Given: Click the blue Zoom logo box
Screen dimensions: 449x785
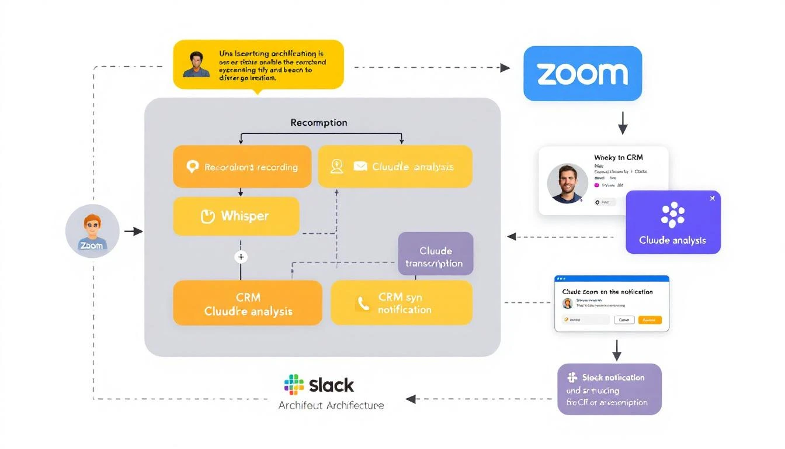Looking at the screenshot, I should click(x=582, y=74).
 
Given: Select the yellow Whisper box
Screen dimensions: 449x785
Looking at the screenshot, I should click(x=236, y=216).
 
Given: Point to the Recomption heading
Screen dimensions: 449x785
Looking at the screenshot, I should click(x=319, y=123).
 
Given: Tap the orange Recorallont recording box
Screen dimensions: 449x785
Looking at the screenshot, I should click(x=242, y=167).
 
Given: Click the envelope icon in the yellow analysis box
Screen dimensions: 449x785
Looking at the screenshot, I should click(x=360, y=167).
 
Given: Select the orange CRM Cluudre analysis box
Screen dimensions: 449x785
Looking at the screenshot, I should click(x=248, y=303).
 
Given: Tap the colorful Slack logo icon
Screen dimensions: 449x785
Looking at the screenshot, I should click(x=294, y=385).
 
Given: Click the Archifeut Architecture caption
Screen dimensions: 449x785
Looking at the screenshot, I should click(x=331, y=405).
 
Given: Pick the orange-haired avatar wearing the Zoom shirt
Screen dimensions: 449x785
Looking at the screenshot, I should click(x=92, y=232).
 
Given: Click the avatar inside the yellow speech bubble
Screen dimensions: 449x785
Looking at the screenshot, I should click(x=196, y=64).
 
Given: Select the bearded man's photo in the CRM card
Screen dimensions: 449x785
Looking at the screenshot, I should click(x=567, y=184).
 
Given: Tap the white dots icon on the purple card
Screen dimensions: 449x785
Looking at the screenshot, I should click(x=673, y=215).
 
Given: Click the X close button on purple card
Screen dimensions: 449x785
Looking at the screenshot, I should click(x=711, y=199).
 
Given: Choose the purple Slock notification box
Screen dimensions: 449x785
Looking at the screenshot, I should click(x=609, y=389).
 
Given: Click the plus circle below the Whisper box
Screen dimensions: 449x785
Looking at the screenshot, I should click(x=240, y=257).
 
